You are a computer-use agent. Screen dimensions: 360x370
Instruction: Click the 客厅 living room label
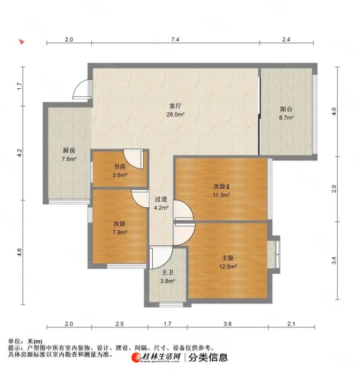[175, 105]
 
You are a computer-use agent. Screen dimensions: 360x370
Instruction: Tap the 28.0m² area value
[175, 115]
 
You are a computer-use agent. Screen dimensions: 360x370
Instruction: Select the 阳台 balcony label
[286, 109]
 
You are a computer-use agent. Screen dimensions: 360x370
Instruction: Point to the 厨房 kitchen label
[69, 150]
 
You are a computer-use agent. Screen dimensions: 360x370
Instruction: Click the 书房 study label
[120, 166]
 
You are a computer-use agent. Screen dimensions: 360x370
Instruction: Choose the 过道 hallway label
[161, 199]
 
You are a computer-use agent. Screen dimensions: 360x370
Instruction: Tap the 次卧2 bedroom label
[221, 187]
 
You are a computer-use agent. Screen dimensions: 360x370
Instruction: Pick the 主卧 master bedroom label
[228, 258]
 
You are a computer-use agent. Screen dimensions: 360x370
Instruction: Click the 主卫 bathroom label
[168, 273]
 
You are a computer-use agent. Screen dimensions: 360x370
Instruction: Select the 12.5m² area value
[228, 266]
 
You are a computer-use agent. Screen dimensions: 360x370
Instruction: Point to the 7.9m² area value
[120, 232]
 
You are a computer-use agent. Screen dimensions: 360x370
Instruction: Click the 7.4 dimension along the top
[175, 39]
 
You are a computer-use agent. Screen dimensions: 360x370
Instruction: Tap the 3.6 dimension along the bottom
[227, 324]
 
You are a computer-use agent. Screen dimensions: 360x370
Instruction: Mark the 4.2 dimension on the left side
[20, 153]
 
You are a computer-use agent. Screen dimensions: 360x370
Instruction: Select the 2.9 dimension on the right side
[333, 189]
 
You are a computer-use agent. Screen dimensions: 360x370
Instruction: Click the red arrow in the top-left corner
[22, 42]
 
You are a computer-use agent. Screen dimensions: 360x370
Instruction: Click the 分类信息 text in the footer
[208, 358]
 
